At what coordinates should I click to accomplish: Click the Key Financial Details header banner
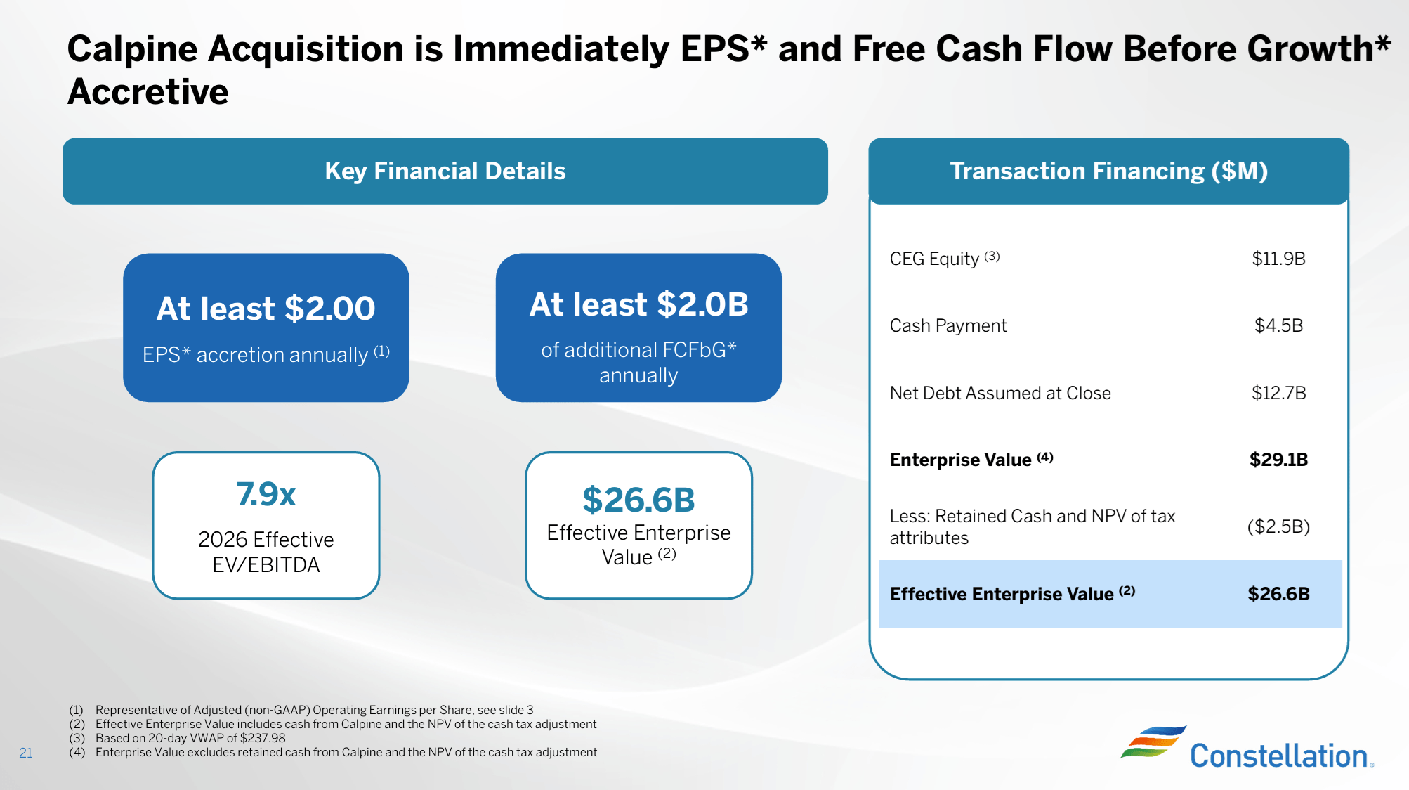445,171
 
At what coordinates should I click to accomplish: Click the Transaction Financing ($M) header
1108,171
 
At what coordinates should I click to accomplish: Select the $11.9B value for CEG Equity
1278,259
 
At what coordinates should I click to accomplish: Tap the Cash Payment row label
948,325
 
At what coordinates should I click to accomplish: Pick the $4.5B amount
1278,325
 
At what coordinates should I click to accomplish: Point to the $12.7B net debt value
1278,393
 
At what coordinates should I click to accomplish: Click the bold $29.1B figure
1278,460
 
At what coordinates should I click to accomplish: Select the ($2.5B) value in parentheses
1278,526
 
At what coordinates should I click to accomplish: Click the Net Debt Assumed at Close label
1000,393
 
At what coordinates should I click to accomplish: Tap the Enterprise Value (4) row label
971,460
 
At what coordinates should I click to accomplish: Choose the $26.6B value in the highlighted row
1278,594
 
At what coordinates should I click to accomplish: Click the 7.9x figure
266,494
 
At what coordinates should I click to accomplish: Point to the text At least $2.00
266,309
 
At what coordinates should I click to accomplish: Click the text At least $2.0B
638,304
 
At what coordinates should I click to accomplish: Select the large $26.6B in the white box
638,500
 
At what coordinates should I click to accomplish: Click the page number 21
26,753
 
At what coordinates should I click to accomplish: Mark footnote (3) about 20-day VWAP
190,738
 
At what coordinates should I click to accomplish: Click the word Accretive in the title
148,92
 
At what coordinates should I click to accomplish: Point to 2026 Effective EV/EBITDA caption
266,552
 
